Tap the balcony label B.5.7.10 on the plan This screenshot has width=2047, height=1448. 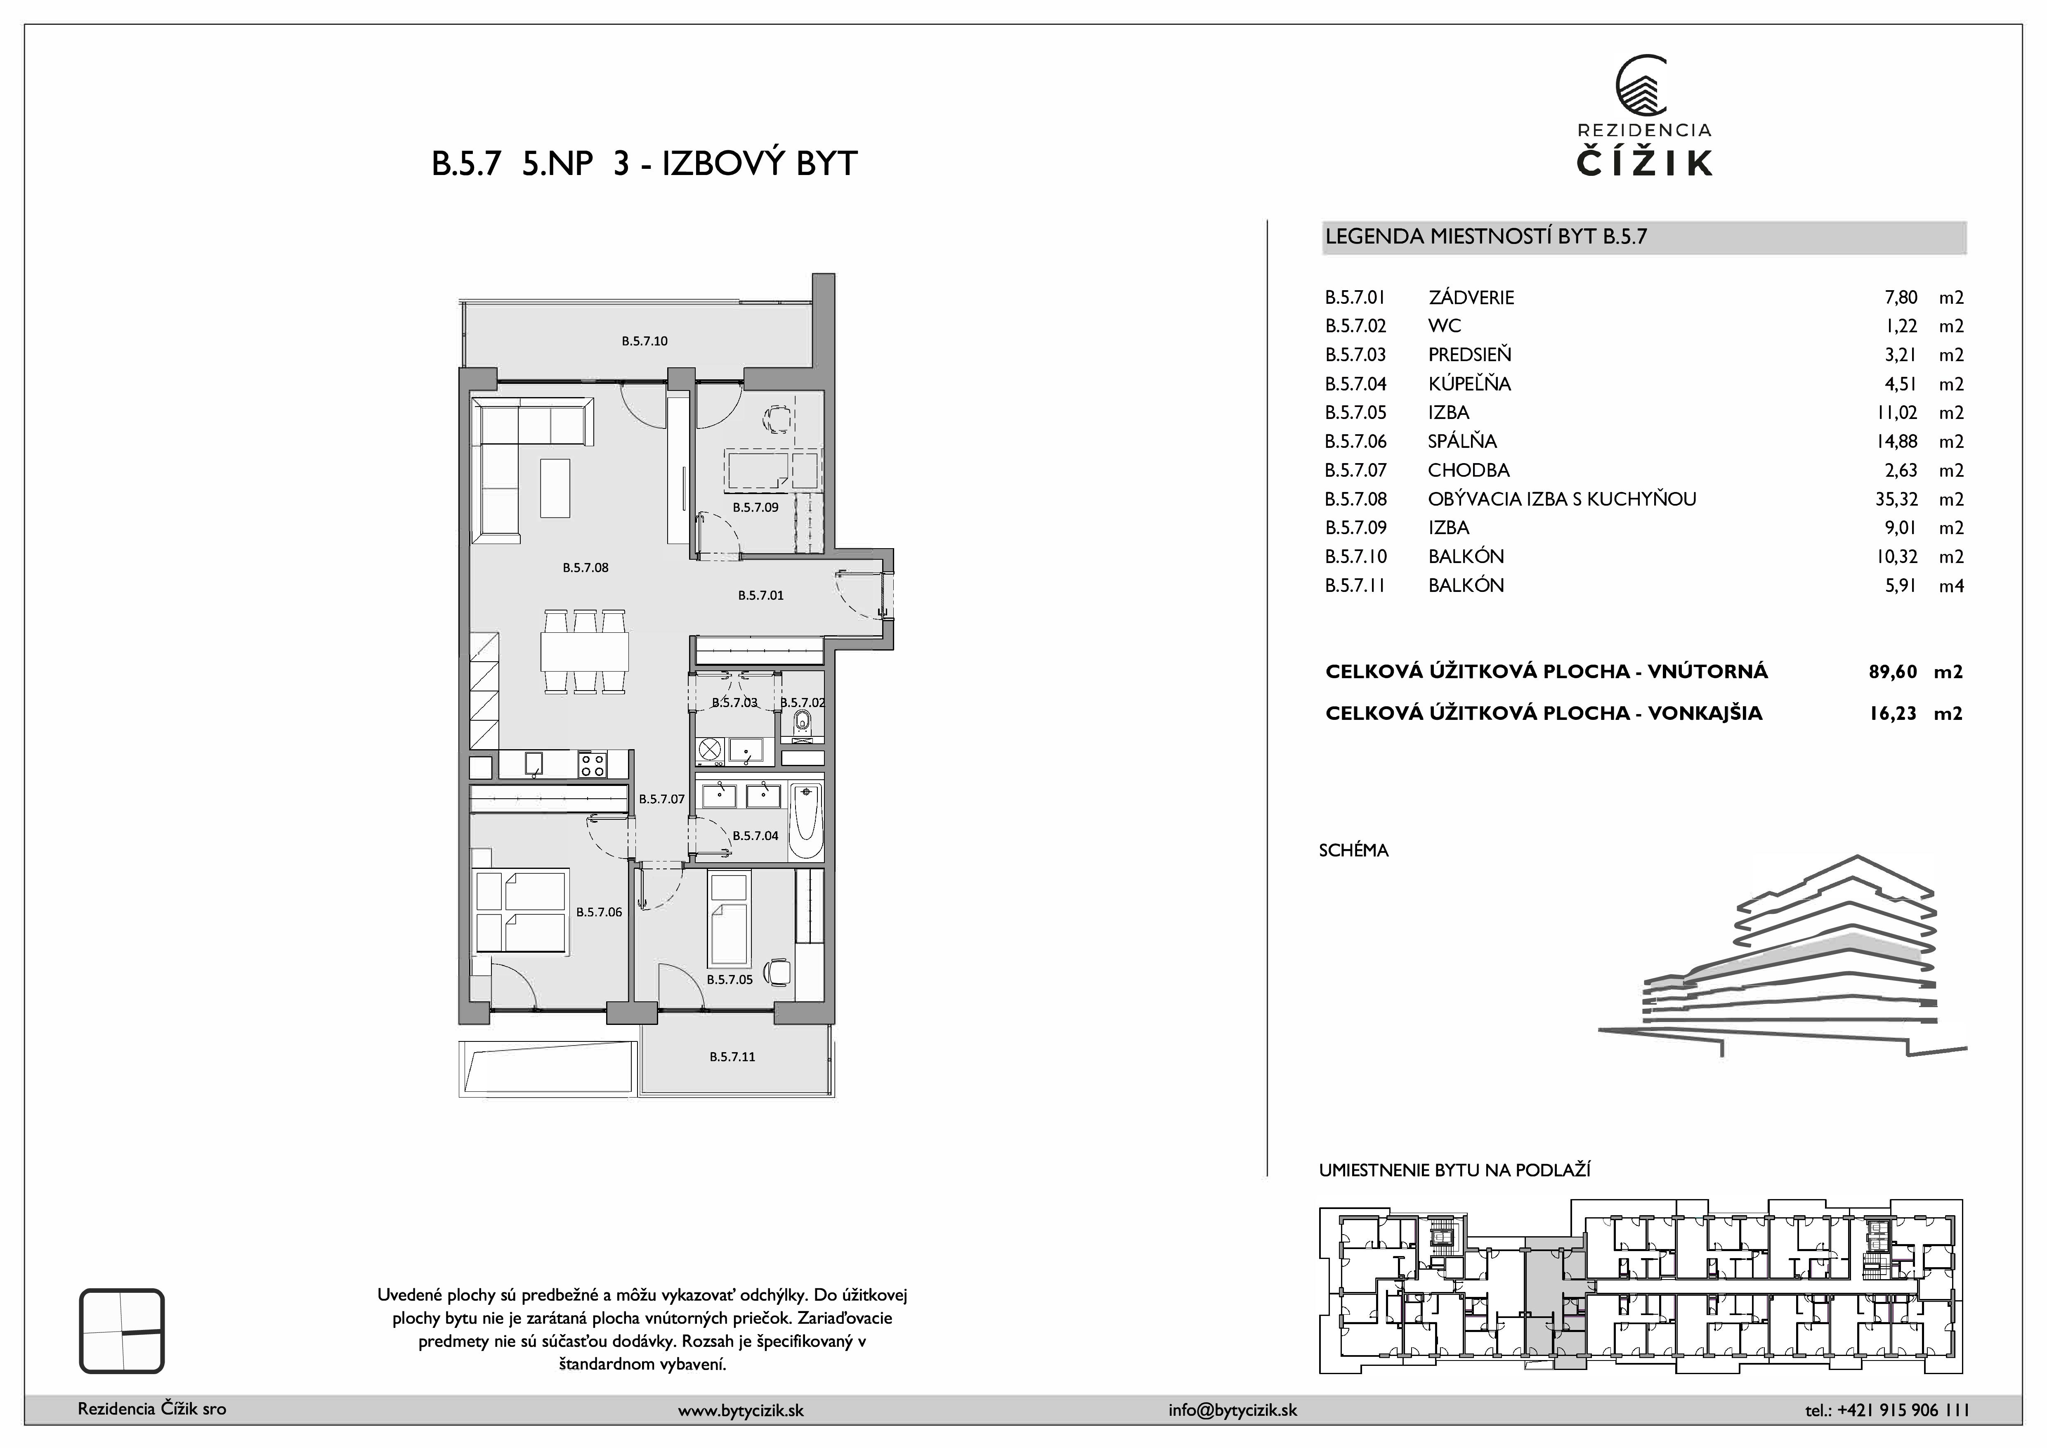coord(645,341)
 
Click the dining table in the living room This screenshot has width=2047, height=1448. coord(584,652)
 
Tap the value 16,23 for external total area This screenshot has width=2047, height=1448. coord(1893,713)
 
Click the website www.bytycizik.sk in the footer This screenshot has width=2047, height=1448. coord(741,1410)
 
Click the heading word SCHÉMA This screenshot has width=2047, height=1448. coord(1353,851)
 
